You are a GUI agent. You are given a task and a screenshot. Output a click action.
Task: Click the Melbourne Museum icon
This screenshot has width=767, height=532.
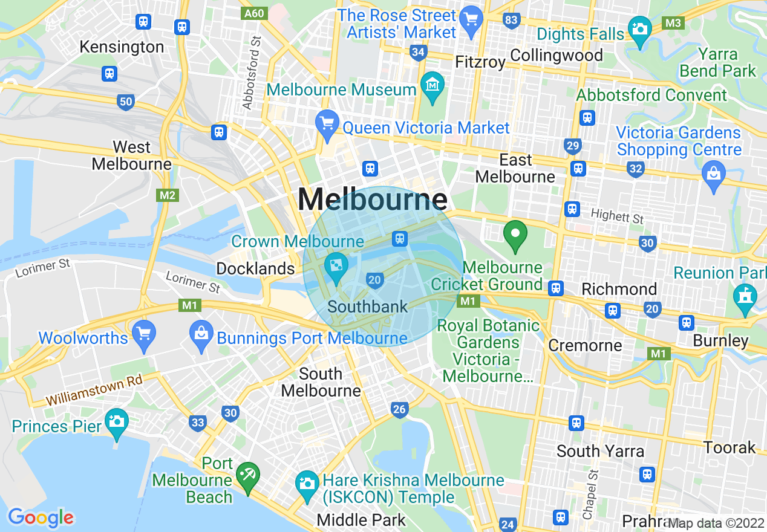(433, 84)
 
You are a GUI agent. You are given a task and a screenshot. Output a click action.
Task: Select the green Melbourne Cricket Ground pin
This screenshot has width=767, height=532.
(515, 236)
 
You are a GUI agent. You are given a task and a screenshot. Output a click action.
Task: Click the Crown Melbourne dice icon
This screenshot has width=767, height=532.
(335, 265)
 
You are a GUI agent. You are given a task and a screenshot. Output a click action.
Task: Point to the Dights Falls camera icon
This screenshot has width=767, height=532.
(639, 28)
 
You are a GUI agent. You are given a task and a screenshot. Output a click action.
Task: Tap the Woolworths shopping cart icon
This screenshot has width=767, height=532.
(145, 333)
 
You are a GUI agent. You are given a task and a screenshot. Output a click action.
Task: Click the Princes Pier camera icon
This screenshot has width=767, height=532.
(116, 419)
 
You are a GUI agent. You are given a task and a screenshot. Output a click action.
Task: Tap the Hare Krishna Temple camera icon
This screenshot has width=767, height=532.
(307, 483)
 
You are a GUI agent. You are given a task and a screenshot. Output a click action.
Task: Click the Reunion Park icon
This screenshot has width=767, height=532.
(745, 296)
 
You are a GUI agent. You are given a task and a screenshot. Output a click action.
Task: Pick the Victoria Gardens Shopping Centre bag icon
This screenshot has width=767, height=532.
(714, 174)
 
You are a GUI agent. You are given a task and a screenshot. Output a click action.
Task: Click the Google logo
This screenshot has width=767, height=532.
(41, 517)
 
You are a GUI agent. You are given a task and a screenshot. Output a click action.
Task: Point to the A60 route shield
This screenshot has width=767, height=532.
(253, 13)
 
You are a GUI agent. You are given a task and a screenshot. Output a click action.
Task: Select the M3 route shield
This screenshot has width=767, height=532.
(673, 23)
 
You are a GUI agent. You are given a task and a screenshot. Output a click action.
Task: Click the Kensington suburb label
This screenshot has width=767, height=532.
(122, 47)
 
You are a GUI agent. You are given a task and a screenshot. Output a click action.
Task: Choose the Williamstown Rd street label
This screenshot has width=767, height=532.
(94, 391)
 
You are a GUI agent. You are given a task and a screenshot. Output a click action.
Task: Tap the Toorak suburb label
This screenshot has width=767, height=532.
(729, 448)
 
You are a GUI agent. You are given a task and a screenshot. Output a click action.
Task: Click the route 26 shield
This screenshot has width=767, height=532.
(399, 410)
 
